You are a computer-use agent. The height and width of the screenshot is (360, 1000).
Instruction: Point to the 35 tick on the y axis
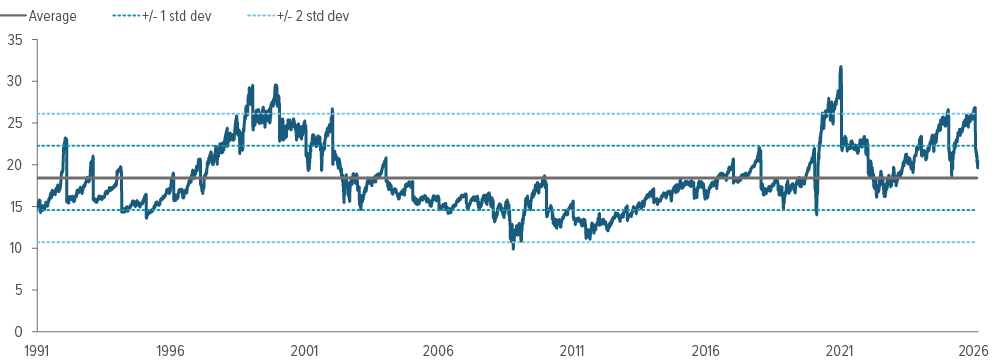(17, 40)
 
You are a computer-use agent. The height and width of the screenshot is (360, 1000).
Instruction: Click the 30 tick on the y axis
(17, 81)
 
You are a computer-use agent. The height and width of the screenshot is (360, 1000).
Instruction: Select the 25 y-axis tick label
(17, 123)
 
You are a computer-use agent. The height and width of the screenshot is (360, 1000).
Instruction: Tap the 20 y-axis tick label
(17, 165)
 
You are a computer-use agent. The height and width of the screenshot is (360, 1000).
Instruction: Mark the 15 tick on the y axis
(17, 206)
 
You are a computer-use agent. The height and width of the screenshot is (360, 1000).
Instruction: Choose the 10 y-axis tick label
(17, 248)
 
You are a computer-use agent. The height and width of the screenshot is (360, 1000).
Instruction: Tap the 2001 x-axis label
(304, 350)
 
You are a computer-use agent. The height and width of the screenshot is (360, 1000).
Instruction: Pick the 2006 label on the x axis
(438, 350)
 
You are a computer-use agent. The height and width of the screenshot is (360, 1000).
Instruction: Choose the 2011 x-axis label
(572, 350)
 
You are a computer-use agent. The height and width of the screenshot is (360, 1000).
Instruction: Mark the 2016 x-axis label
(706, 350)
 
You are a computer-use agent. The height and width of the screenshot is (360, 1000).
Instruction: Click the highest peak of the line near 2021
(841, 67)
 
